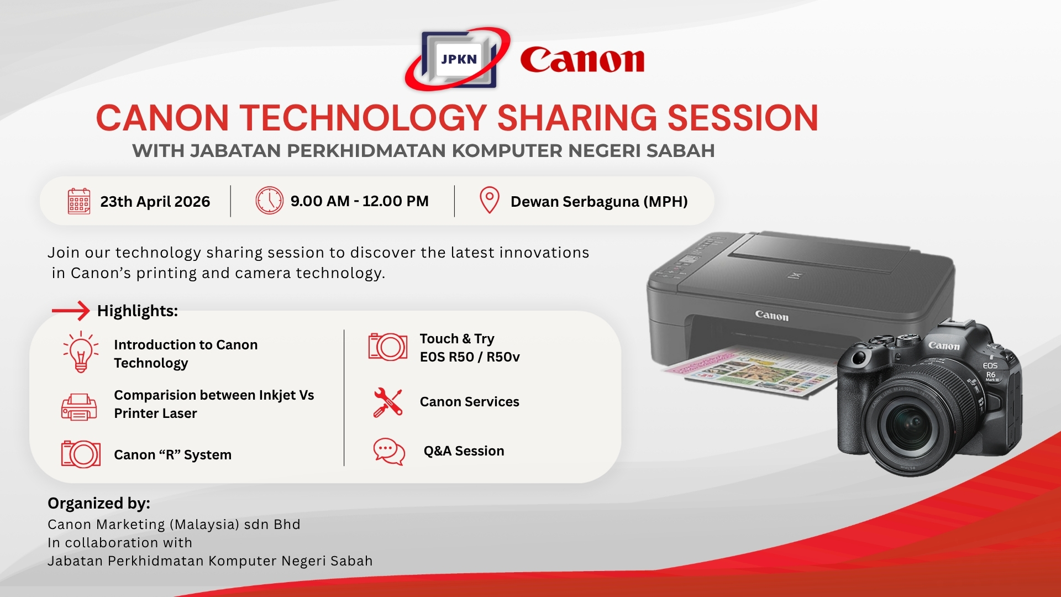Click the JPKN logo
coord(458,59)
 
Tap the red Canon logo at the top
coord(582,60)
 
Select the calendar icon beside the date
coord(79,201)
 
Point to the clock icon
coord(269,201)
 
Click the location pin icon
coord(489,200)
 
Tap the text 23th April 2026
coord(155,202)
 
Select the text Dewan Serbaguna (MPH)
coord(599,202)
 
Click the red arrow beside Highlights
coord(71,311)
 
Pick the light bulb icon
coord(81,352)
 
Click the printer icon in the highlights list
coord(79,407)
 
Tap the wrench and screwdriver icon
coord(387,402)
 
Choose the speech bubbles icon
coord(389,452)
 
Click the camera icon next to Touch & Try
coord(388,347)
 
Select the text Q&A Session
coord(464,451)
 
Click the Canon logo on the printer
coord(772,316)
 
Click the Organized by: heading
coord(99,504)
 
